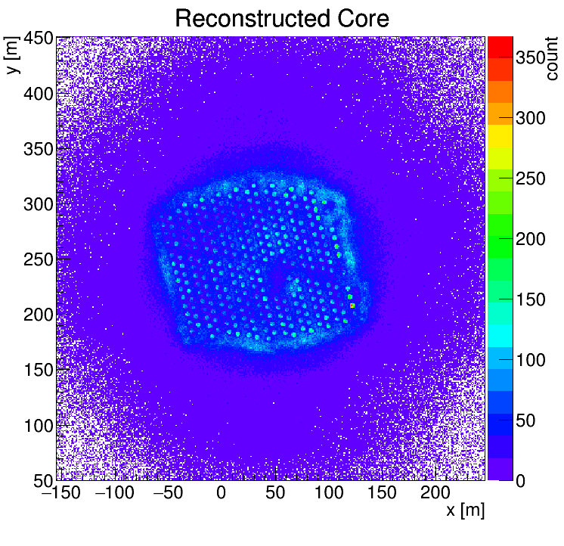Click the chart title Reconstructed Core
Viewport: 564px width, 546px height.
[281, 18]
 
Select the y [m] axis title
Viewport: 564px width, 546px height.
[13, 57]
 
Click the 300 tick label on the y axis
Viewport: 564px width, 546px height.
[38, 204]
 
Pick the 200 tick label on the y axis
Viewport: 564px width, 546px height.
[38, 315]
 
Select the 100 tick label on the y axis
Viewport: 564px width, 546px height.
[38, 425]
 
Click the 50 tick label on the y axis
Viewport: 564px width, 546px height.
[43, 479]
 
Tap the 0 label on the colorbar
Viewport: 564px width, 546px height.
[521, 480]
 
